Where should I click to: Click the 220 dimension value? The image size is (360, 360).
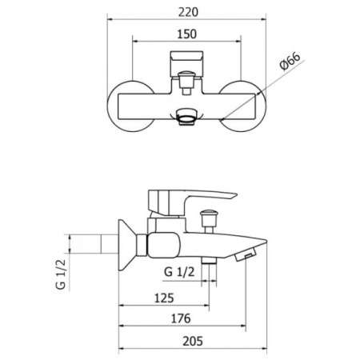188,12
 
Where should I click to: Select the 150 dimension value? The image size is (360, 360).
187,34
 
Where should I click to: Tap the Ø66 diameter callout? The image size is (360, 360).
290,62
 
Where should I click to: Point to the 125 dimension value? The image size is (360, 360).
164,298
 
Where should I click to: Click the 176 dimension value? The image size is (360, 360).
181,318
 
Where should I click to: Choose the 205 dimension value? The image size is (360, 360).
193,341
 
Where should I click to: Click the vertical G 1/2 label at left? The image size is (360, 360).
61,274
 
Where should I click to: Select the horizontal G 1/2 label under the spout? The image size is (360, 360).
179,272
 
